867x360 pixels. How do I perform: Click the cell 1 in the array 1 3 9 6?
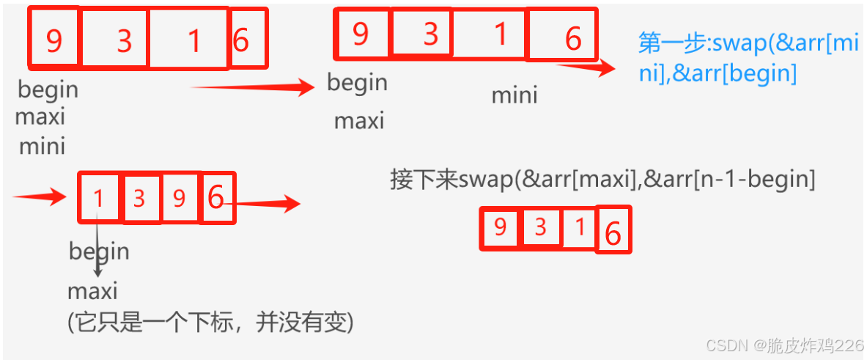pos(98,198)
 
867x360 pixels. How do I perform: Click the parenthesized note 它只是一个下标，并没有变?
pos(210,322)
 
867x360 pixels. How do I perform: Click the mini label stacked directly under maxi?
pos(42,146)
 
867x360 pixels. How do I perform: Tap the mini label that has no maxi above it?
pos(514,95)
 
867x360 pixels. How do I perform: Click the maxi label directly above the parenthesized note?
pos(92,291)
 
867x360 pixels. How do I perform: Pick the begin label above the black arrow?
pos(99,251)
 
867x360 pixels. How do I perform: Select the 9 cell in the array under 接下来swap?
pos(500,227)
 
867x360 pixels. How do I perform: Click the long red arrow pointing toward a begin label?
pos(253,89)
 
